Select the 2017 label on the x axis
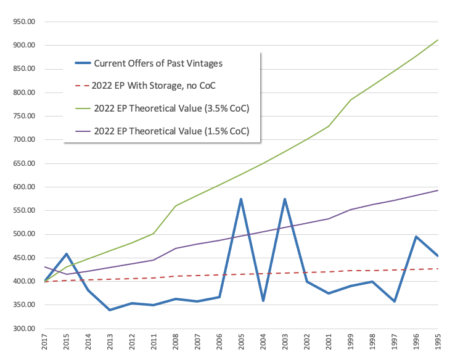point(45,344)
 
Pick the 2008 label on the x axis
point(175,344)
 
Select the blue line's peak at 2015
point(67,254)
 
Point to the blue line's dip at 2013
point(110,309)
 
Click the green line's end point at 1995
point(438,40)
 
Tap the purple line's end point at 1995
point(438,190)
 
